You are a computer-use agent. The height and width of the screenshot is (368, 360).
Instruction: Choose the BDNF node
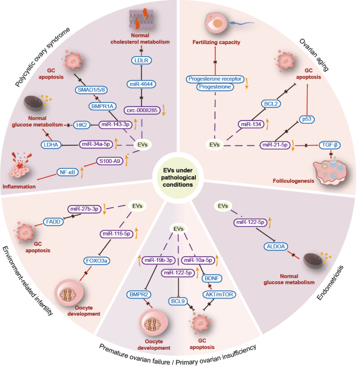coord(209,280)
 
